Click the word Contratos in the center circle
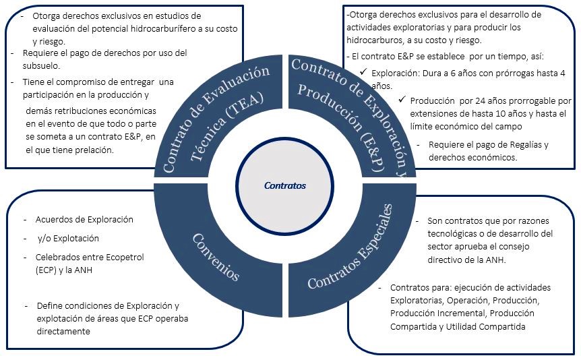pyautogui.click(x=285, y=185)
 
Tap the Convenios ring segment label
pyautogui.click(x=215, y=257)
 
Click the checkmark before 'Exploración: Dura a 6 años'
pyautogui.click(x=364, y=72)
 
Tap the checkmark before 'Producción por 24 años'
pyautogui.click(x=402, y=100)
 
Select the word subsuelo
pyautogui.click(x=41, y=65)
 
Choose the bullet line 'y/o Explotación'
pyautogui.click(x=67, y=238)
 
